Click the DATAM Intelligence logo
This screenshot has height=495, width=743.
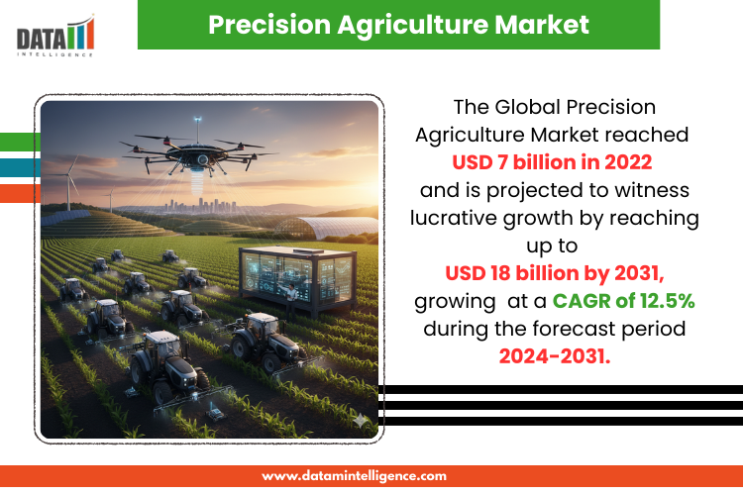[x=55, y=36]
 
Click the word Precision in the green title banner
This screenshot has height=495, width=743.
[x=269, y=25]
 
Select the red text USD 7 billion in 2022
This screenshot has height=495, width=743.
[x=552, y=162]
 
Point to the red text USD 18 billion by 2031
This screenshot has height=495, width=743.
[x=555, y=273]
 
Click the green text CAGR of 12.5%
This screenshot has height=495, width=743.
[x=623, y=301]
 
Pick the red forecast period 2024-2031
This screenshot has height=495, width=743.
[x=555, y=356]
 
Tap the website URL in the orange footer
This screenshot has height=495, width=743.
[x=354, y=475]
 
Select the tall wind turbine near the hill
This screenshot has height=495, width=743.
[x=70, y=182]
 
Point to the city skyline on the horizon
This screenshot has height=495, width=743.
[x=200, y=206]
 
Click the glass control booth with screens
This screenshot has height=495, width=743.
[x=297, y=279]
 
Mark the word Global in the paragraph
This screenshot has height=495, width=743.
[x=527, y=107]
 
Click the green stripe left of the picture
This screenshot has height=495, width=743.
[x=20, y=142]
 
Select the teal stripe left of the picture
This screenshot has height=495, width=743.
[x=20, y=167]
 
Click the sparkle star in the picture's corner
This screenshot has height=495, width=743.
[x=360, y=420]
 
